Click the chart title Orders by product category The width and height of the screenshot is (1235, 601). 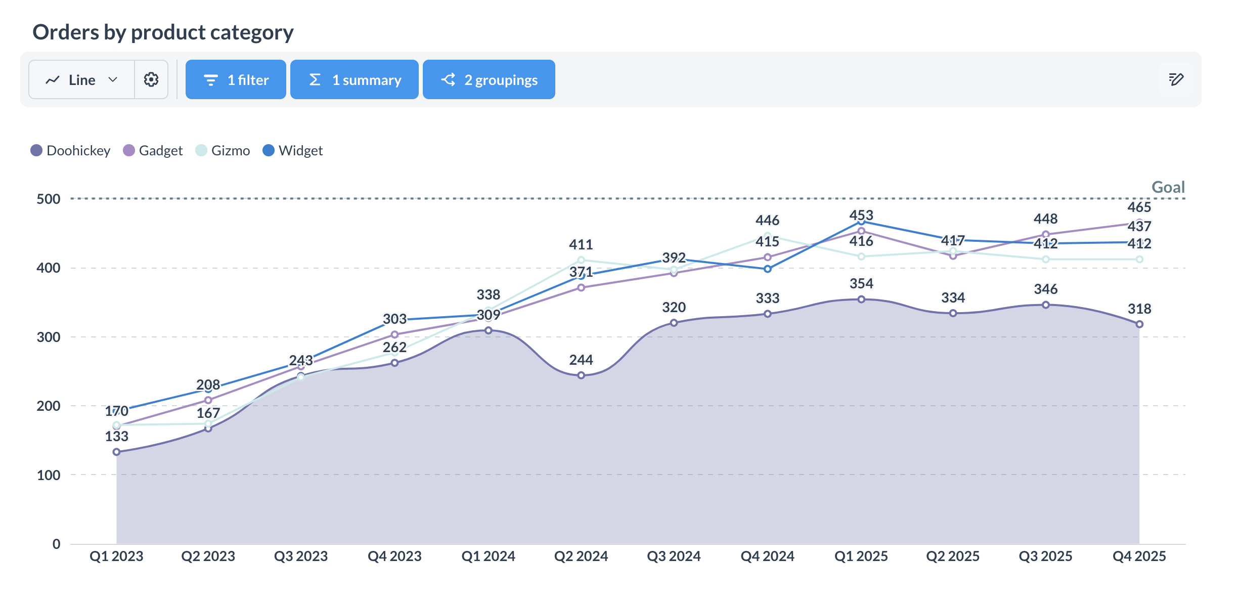coord(163,32)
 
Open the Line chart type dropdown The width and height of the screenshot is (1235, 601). coord(82,80)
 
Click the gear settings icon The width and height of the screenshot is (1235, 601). coord(151,80)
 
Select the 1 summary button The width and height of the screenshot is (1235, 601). coord(354,80)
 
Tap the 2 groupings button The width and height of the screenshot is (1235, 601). coord(489,80)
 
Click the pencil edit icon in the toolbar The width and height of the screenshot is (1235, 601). coord(1176,79)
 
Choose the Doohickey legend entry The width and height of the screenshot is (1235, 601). coord(71,151)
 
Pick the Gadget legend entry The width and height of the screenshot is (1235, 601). coord(153,151)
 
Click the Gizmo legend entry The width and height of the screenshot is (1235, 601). coord(223,151)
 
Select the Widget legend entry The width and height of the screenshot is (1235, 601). coord(293,151)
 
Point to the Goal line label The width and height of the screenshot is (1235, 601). coord(1168,187)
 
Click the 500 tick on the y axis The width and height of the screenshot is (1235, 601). coord(49,199)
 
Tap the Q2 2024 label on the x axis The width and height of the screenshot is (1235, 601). coord(581,556)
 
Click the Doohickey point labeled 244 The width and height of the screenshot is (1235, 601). coord(581,375)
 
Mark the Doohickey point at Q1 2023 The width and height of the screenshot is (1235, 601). coord(117,452)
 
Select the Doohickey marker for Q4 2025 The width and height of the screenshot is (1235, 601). coord(1139,324)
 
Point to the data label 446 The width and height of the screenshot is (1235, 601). coord(767,221)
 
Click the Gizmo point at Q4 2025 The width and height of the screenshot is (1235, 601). coord(1139,259)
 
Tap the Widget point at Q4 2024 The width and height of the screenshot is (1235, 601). coord(768,269)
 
